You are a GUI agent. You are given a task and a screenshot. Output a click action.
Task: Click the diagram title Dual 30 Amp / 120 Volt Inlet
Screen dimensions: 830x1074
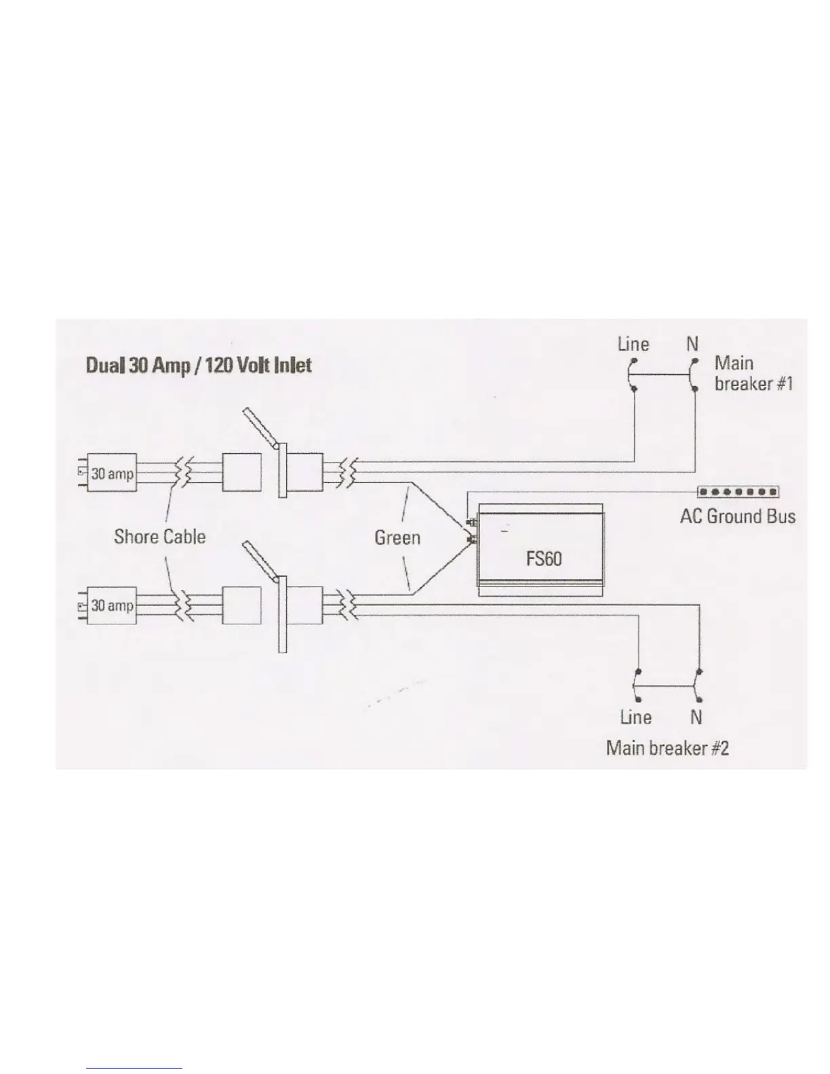199,366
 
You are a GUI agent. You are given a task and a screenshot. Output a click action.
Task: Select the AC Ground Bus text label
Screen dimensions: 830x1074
737,517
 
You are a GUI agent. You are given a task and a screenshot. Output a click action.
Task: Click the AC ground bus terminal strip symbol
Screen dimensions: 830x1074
738,492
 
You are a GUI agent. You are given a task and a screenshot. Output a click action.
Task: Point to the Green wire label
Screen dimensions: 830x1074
397,538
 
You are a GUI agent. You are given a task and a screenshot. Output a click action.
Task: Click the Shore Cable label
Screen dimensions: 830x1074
159,537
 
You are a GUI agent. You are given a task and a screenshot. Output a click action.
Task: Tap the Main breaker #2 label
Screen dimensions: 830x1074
667,748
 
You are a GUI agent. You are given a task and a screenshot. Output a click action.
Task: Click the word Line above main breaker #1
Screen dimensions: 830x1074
633,344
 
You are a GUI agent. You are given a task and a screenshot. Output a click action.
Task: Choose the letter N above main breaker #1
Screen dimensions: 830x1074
692,344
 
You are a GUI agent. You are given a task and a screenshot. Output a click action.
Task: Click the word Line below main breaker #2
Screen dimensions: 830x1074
635,717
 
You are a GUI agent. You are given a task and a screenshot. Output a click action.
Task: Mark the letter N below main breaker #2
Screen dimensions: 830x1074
696,717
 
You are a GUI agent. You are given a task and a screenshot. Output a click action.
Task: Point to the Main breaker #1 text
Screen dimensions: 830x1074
753,374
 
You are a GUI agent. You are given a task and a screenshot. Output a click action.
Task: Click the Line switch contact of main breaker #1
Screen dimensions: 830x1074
632,375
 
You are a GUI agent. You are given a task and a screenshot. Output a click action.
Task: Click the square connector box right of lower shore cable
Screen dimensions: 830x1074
242,605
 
